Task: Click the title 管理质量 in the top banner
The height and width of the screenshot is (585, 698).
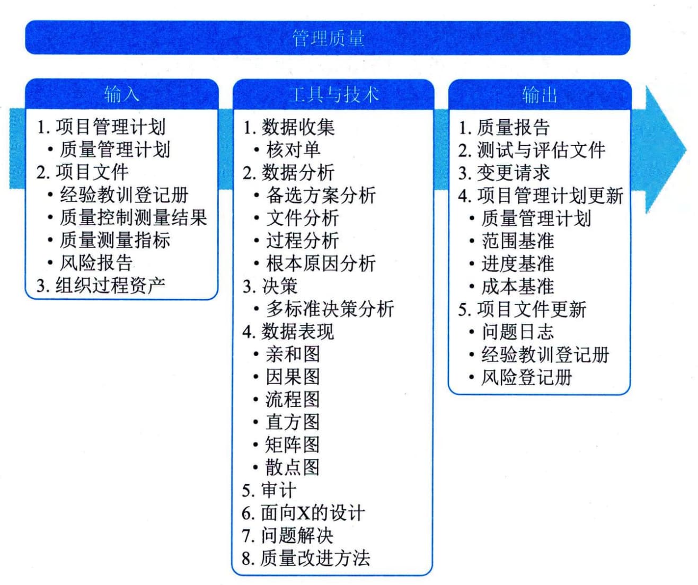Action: coord(328,38)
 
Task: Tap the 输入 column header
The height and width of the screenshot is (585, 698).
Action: coord(121,94)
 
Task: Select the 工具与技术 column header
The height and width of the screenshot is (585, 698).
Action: coord(333,94)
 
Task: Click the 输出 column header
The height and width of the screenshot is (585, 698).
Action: coord(540,95)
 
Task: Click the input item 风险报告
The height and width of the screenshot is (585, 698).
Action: coord(96,263)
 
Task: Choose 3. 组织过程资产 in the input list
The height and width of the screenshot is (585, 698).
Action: coord(101,286)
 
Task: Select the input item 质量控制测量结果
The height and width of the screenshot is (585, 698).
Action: coord(134,218)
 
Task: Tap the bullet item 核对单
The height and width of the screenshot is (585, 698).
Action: coord(293,150)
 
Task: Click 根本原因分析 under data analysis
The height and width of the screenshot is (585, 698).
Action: coord(321,263)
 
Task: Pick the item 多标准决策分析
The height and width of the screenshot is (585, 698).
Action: coord(330,308)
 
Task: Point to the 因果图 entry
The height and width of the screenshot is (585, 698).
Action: coord(293,377)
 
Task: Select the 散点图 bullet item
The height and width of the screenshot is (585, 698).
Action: coord(293,467)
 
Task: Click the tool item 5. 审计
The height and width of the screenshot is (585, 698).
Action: coord(269,490)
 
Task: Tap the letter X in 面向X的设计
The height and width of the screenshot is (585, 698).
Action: coord(304,513)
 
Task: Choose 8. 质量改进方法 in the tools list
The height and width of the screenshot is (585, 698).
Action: coord(306,559)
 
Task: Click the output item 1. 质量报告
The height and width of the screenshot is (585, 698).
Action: coord(504,127)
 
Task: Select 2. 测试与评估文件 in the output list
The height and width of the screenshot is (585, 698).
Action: coord(532,150)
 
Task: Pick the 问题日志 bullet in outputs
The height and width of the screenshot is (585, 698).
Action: coord(517,332)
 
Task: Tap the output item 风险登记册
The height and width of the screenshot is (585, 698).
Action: coord(526,377)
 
